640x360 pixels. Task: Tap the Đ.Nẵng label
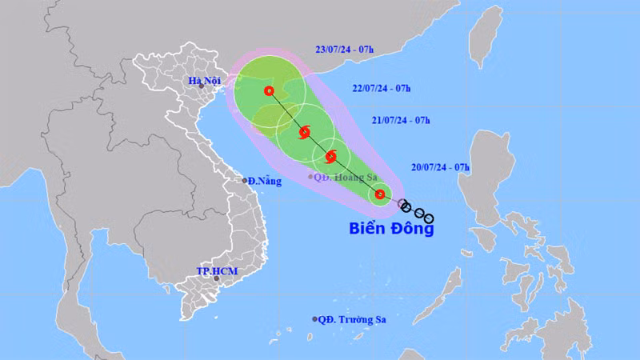[265, 182]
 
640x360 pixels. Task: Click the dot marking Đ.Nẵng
[246, 181]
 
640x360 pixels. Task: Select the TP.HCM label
[214, 271]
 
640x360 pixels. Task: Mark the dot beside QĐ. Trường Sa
[314, 319]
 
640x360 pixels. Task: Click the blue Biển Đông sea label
[391, 228]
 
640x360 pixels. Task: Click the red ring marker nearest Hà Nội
[269, 91]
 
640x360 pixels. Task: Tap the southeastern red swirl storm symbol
[331, 157]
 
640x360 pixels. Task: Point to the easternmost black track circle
[430, 218]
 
